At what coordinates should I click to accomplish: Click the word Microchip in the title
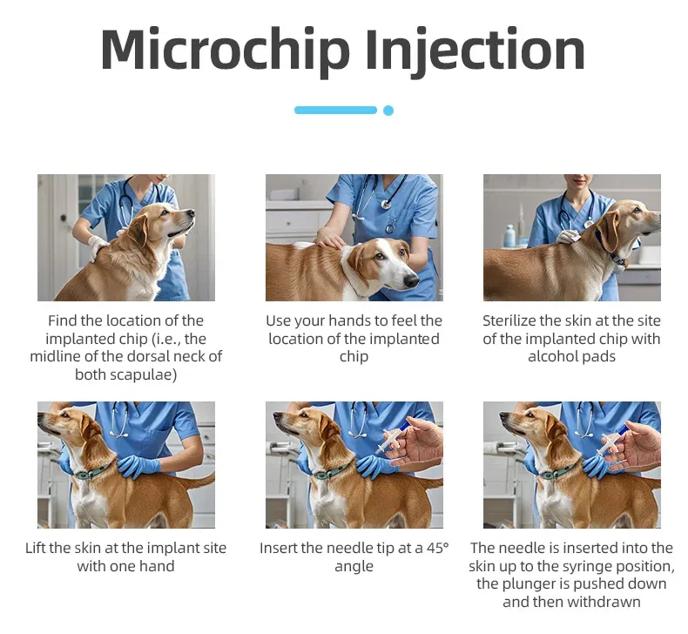coord(225,49)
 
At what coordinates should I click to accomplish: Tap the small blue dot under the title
coord(388,110)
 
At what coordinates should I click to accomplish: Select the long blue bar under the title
coord(335,110)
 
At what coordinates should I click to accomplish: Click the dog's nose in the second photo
coord(412,280)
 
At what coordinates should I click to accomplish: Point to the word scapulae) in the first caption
coord(126,375)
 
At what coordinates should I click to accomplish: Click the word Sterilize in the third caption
coord(509,320)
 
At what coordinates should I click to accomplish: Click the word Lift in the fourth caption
coord(36,548)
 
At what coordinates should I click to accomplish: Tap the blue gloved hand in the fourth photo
coord(138,466)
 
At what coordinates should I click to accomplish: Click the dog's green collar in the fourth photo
coord(93,472)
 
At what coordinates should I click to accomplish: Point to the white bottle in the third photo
coord(509,236)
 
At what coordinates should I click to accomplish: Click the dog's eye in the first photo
coord(165,212)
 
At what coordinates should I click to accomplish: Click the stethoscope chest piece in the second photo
coord(387,204)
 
